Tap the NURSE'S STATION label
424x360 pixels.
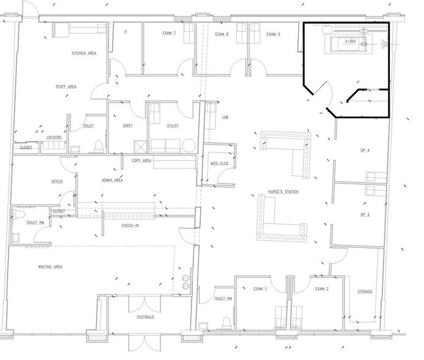[x=283, y=192]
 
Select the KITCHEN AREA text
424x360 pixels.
[x=84, y=53]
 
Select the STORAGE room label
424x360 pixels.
[x=365, y=291]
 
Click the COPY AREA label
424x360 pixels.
[x=141, y=160]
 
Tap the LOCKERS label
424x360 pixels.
[x=54, y=137]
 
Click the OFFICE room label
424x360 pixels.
[x=57, y=181]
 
